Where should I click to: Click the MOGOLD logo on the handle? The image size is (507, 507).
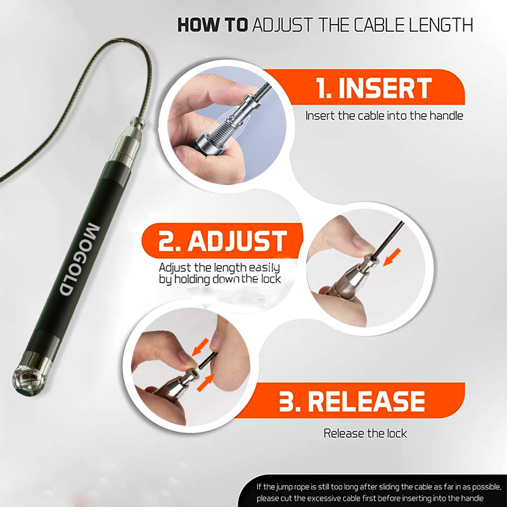(x=80, y=259)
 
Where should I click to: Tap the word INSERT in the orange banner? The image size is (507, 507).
(x=385, y=88)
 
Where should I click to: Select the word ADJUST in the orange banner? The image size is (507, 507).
(x=237, y=241)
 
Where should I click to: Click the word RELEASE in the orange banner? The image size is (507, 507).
(x=366, y=401)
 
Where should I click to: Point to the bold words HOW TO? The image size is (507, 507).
(x=213, y=25)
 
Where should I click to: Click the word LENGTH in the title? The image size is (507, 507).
(x=441, y=25)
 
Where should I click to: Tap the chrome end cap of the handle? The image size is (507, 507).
(x=31, y=375)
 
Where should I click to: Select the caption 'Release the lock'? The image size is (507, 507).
(x=365, y=433)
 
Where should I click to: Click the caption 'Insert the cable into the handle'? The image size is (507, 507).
(x=384, y=116)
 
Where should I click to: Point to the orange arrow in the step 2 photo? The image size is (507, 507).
(x=392, y=258)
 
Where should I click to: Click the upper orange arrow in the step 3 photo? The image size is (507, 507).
(x=200, y=347)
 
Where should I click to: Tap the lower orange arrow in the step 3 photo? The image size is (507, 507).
(x=206, y=383)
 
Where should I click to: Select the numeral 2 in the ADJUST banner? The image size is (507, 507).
(x=166, y=241)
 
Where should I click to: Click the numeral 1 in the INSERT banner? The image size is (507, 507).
(x=321, y=88)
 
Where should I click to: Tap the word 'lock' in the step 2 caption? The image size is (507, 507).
(x=271, y=279)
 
